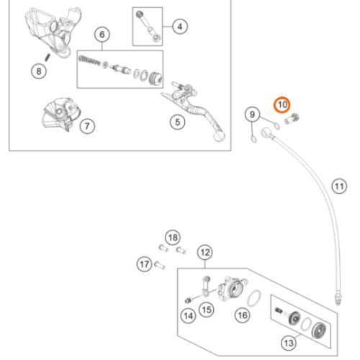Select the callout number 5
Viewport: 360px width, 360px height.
(176, 123)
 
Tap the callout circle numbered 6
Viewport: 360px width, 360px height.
(102, 35)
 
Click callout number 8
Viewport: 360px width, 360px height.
(38, 71)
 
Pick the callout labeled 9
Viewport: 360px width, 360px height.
(251, 114)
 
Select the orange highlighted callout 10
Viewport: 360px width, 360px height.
(283, 105)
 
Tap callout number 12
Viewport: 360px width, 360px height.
(205, 252)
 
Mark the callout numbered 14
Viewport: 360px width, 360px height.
(187, 315)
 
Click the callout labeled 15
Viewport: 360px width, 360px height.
(207, 310)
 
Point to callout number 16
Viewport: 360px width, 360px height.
(243, 315)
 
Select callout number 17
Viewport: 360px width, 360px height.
(143, 265)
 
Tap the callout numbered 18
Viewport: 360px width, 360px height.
(171, 238)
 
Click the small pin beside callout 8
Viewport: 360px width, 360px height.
(47, 56)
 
